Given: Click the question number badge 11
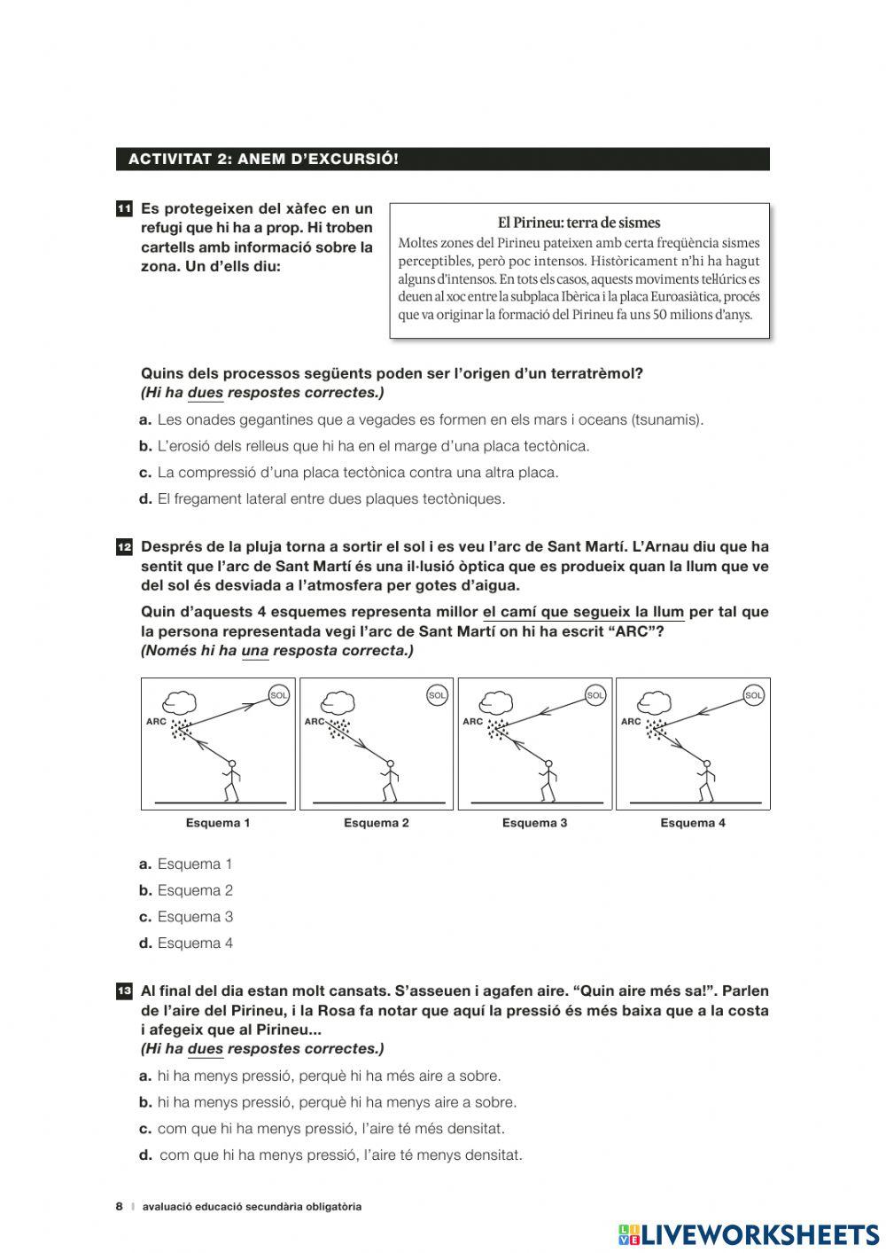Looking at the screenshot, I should tap(124, 209).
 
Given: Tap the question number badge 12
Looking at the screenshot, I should tap(124, 547).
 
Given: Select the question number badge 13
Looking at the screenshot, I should tap(124, 991).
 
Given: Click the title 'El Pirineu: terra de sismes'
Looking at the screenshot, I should tap(579, 223).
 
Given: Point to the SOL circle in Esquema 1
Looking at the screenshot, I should tap(279, 696).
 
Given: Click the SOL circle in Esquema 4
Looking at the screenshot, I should tap(754, 696).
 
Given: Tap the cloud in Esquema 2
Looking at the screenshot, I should tap(338, 701).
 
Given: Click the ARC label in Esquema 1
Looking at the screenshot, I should tap(156, 722).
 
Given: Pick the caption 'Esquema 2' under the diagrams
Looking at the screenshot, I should tap(377, 823).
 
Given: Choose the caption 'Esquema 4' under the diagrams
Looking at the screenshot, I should tap(693, 823).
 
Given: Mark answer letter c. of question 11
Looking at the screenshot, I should tap(145, 473).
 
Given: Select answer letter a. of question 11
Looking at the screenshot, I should tap(145, 419).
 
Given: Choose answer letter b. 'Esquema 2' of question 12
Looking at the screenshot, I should tap(145, 890).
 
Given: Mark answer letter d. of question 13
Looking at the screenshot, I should tap(145, 1155).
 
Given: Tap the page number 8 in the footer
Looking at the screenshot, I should tap(119, 1206).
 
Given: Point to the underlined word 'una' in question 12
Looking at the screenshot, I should tap(254, 651).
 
